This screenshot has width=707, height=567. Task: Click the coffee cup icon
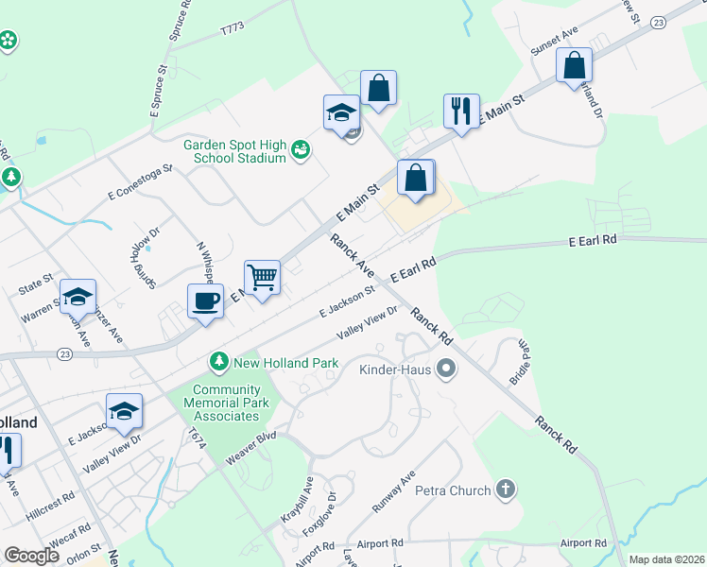click(205, 302)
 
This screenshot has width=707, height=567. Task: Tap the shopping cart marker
click(263, 278)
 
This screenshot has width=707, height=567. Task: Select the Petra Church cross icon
click(507, 490)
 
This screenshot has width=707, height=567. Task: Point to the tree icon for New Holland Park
click(219, 362)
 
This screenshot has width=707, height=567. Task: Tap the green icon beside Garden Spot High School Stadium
click(302, 149)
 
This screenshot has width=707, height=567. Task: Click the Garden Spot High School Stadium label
click(235, 151)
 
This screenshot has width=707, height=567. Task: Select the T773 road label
click(232, 30)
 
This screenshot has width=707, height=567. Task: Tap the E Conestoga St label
click(141, 182)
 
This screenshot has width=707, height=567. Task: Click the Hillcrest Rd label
click(51, 501)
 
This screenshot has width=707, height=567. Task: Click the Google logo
click(31, 556)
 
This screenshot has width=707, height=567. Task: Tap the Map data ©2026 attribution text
click(666, 559)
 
